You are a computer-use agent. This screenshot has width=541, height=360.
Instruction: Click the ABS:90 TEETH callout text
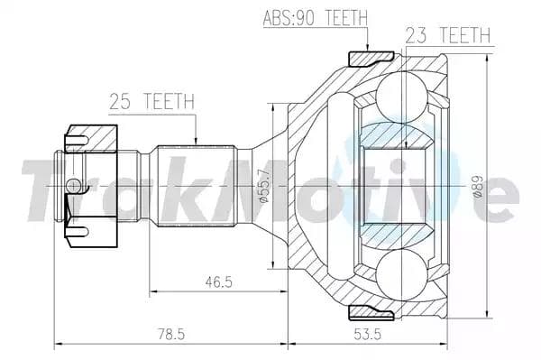[315, 18]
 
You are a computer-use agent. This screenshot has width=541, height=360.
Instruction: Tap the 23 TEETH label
[448, 35]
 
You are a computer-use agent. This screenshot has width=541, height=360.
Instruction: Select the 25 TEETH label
[151, 101]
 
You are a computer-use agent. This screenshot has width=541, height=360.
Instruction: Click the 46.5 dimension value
[219, 282]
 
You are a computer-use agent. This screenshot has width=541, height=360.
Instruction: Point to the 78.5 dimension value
[171, 334]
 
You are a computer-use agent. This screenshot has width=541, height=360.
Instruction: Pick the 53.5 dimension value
[368, 334]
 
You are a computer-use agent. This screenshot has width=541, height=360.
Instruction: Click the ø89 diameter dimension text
[478, 186]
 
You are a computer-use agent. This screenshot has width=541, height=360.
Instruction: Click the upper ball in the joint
[401, 97]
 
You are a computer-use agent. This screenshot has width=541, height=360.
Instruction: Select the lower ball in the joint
[401, 274]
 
